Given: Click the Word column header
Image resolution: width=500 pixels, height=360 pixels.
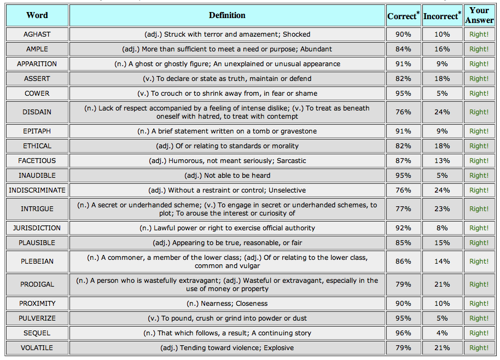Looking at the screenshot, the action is pos(37,15).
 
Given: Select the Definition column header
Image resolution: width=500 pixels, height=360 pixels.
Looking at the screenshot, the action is pos(227,15).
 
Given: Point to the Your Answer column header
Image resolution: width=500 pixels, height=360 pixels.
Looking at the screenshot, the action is pos(479,15).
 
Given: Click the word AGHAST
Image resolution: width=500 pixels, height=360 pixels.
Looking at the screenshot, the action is pos(37,34).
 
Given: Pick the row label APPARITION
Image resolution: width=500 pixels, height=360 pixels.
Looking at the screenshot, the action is pos(37,64).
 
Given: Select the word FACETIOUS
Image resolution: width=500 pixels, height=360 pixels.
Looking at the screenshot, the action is pos(37,161).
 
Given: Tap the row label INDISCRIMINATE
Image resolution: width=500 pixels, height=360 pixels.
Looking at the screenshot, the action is pos(37,190).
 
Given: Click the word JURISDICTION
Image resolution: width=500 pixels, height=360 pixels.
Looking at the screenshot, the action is pos(37,228).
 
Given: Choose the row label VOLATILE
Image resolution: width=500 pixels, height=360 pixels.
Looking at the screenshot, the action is pos(37,348).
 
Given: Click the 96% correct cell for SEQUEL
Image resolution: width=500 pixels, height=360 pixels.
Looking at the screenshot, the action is pos(403,333).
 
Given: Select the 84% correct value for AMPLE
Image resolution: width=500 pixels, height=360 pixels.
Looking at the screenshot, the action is pos(403,49).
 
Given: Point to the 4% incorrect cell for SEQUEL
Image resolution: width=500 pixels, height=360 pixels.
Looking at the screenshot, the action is pos(442,333).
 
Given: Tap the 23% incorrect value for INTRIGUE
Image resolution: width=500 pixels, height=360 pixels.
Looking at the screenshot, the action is pos(442,209).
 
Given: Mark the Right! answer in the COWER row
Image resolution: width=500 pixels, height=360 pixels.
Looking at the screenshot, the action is pos(479,94).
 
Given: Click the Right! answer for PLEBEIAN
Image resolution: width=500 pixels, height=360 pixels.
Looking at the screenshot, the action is pos(479,262).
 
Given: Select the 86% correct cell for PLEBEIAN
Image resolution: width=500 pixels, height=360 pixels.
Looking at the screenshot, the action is pos(403,262).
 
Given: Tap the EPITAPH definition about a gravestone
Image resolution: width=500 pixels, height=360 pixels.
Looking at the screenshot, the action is pos(227,131).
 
